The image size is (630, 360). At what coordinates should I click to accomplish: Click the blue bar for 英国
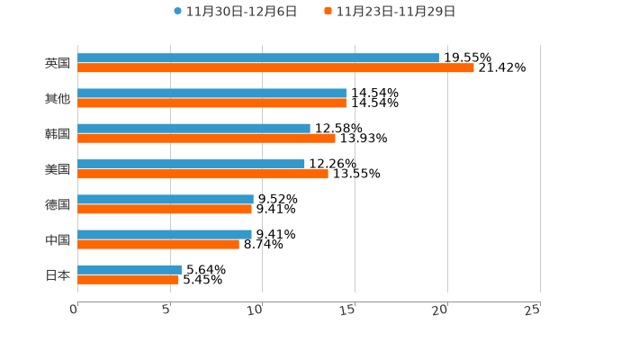[x=258, y=58]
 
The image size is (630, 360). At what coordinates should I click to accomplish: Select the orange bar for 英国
[x=275, y=67]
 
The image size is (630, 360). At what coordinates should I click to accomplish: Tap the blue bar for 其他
[x=211, y=94]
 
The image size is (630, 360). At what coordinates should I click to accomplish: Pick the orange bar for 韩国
[x=206, y=139]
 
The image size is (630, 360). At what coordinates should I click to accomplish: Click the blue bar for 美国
[x=191, y=164]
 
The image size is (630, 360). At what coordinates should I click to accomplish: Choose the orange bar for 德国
[x=165, y=209]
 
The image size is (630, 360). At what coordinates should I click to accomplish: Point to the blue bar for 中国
[x=165, y=234]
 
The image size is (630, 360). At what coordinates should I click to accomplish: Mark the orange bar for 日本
[x=128, y=279]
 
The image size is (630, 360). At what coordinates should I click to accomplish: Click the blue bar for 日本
[x=130, y=269]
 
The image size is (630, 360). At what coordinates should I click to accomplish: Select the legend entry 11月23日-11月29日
[x=396, y=12]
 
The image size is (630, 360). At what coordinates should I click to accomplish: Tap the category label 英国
[x=58, y=63]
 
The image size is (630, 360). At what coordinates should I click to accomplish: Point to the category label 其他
[x=58, y=98]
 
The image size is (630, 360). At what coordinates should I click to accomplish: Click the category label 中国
[x=58, y=239]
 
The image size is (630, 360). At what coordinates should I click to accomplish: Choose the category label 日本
[x=58, y=274]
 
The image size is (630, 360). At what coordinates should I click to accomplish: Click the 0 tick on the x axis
[x=74, y=310]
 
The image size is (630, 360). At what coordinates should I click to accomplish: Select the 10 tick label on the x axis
[x=256, y=310]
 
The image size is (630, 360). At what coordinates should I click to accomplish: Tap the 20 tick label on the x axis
[x=440, y=310]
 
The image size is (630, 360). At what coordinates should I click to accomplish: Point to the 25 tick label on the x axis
[x=533, y=310]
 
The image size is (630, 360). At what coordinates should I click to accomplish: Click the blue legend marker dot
[x=178, y=12]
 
